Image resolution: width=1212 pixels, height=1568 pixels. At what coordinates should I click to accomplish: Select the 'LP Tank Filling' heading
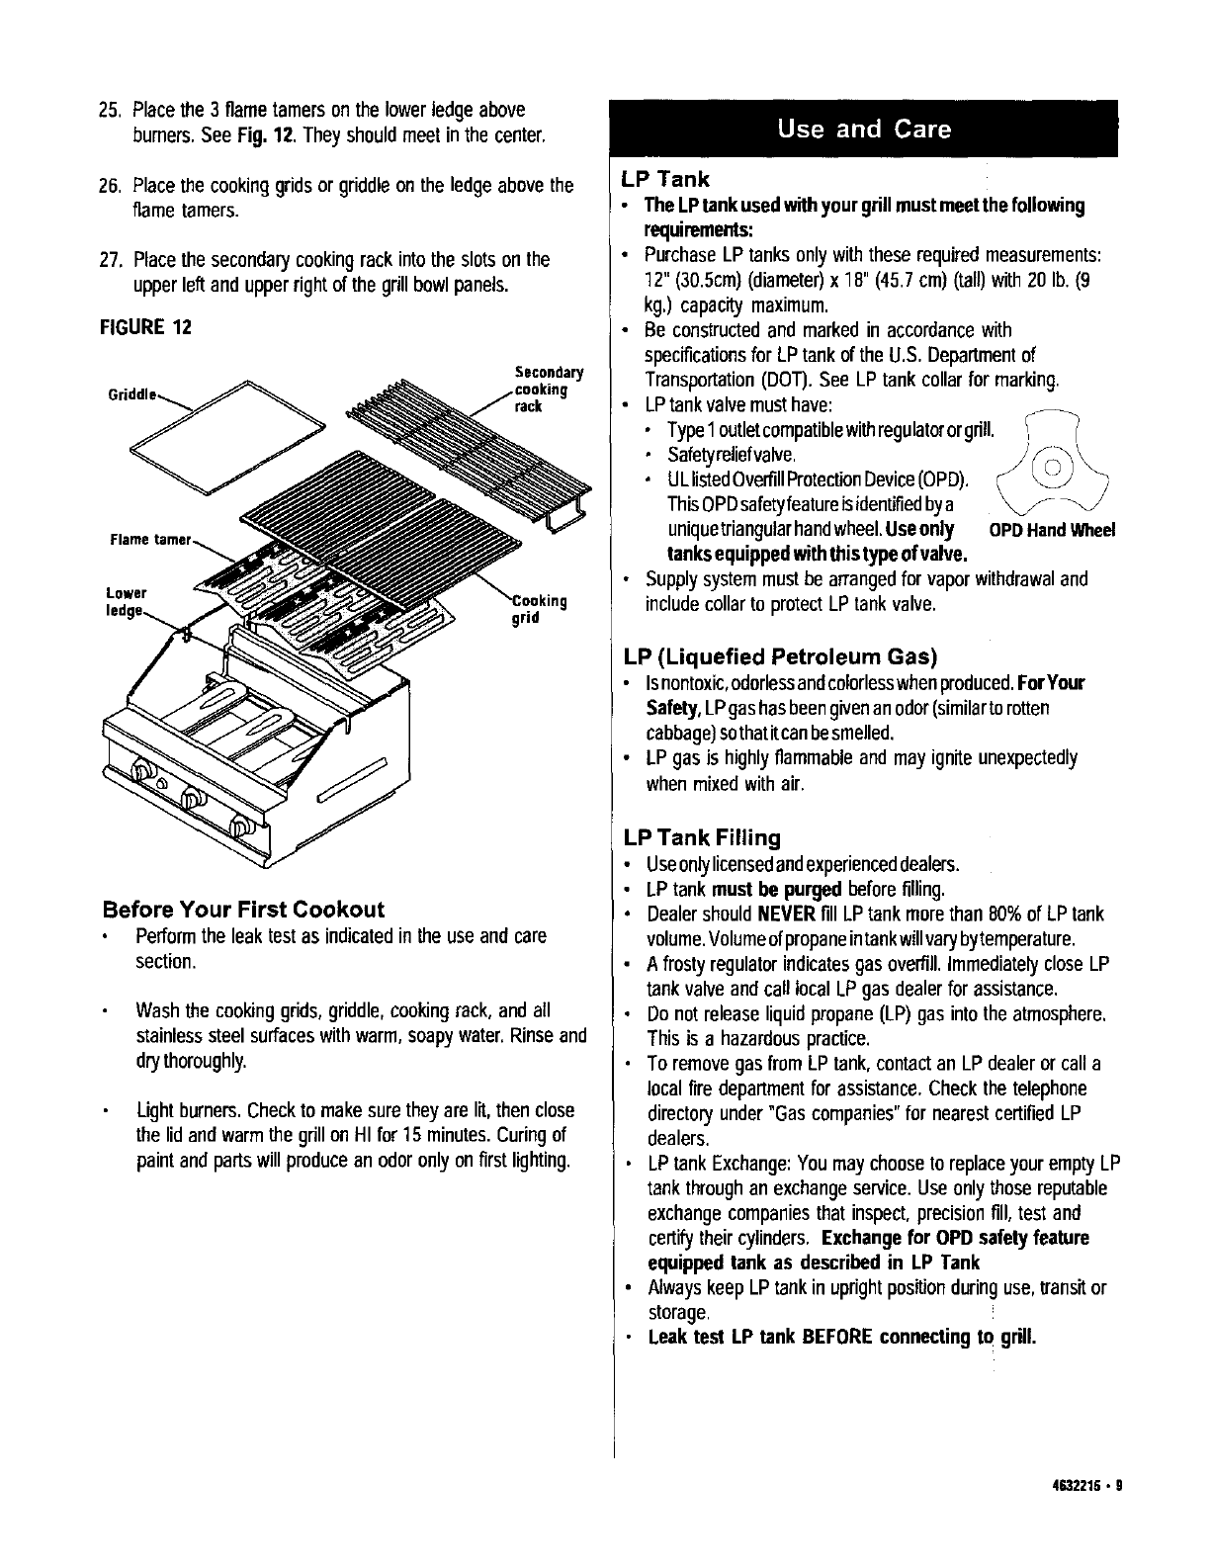tap(702, 838)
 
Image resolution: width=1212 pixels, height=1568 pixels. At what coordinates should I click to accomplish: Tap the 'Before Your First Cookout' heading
tap(243, 909)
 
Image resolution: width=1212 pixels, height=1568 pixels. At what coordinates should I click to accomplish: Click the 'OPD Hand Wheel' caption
tap(1052, 531)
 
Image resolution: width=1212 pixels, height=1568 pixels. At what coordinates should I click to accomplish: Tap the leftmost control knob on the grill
tap(143, 769)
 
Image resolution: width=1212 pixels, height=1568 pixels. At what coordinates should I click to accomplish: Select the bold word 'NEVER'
tap(786, 914)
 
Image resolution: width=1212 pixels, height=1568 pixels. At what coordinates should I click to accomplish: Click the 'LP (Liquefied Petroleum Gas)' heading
tap(780, 656)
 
